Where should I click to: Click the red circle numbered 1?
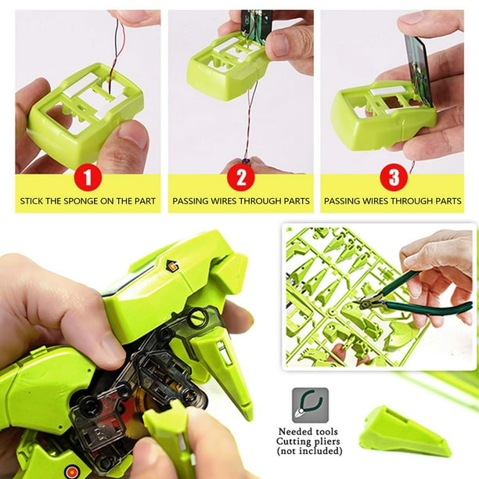[x=88, y=178]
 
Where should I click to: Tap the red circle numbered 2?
[x=241, y=178]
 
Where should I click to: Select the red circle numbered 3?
[x=393, y=178]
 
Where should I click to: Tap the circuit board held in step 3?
[x=420, y=70]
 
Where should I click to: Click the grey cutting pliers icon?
[x=310, y=405]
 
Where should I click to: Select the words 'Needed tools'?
[x=311, y=431]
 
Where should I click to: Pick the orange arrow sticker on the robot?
[x=172, y=266]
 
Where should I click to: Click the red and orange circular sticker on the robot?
[x=73, y=471]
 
